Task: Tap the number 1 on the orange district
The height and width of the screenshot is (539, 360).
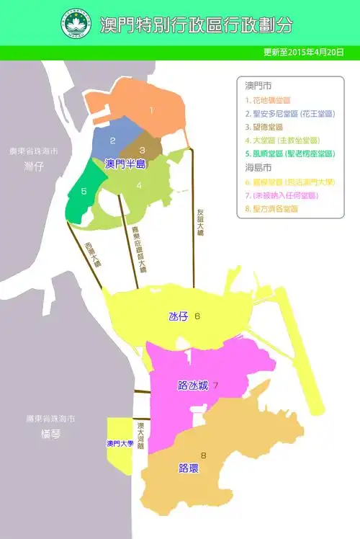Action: (x=151, y=110)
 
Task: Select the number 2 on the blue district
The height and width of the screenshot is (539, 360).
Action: (x=113, y=141)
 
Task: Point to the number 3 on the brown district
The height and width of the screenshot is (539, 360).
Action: (x=143, y=151)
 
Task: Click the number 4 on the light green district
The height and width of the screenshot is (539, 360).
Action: (x=139, y=185)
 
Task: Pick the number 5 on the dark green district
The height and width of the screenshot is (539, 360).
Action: (x=84, y=191)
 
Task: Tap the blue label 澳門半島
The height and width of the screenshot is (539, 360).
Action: (x=125, y=164)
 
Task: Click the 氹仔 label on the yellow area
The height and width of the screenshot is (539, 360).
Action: (x=177, y=316)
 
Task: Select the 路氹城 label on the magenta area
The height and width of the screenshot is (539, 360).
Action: (x=192, y=386)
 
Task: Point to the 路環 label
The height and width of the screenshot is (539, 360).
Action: (x=189, y=468)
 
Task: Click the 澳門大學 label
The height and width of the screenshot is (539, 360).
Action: (x=120, y=444)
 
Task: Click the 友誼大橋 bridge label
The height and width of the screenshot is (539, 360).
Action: (x=200, y=224)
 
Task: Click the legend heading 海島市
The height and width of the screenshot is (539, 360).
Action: (x=258, y=169)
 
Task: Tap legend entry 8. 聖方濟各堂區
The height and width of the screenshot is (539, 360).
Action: (x=271, y=209)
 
